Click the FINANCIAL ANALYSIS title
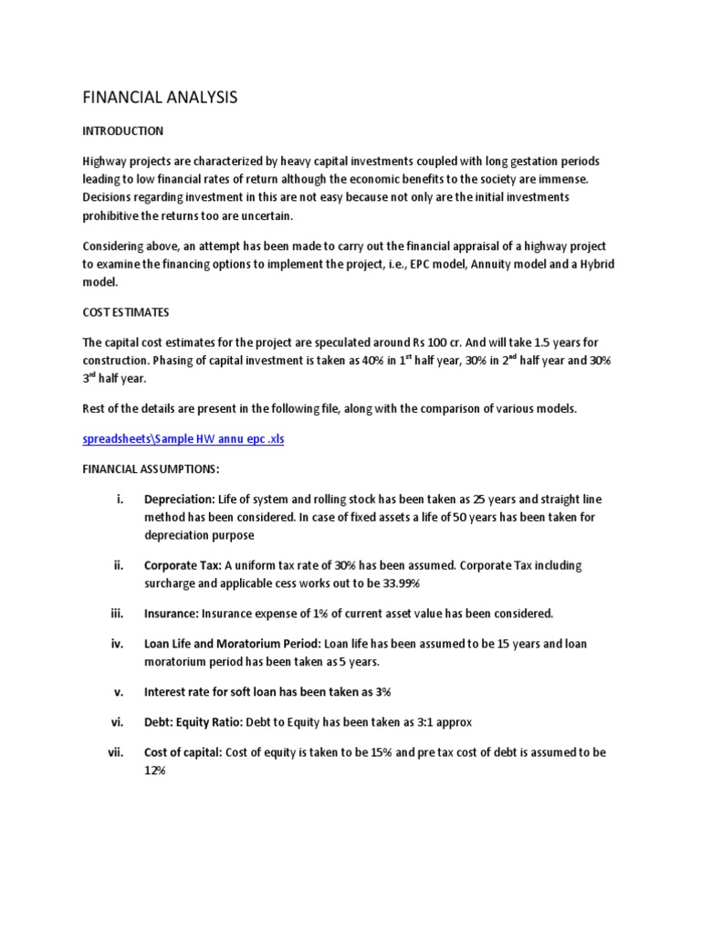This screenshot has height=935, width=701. coord(160,97)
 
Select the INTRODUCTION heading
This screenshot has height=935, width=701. coord(123,131)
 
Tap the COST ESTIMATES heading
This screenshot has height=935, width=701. coord(126,312)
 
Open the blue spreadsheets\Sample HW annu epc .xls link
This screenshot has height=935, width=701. coord(183,438)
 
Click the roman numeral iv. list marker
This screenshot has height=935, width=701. coord(117,644)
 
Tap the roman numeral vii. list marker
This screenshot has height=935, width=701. coord(115,752)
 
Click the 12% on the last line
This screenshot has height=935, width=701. coord(154,771)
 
